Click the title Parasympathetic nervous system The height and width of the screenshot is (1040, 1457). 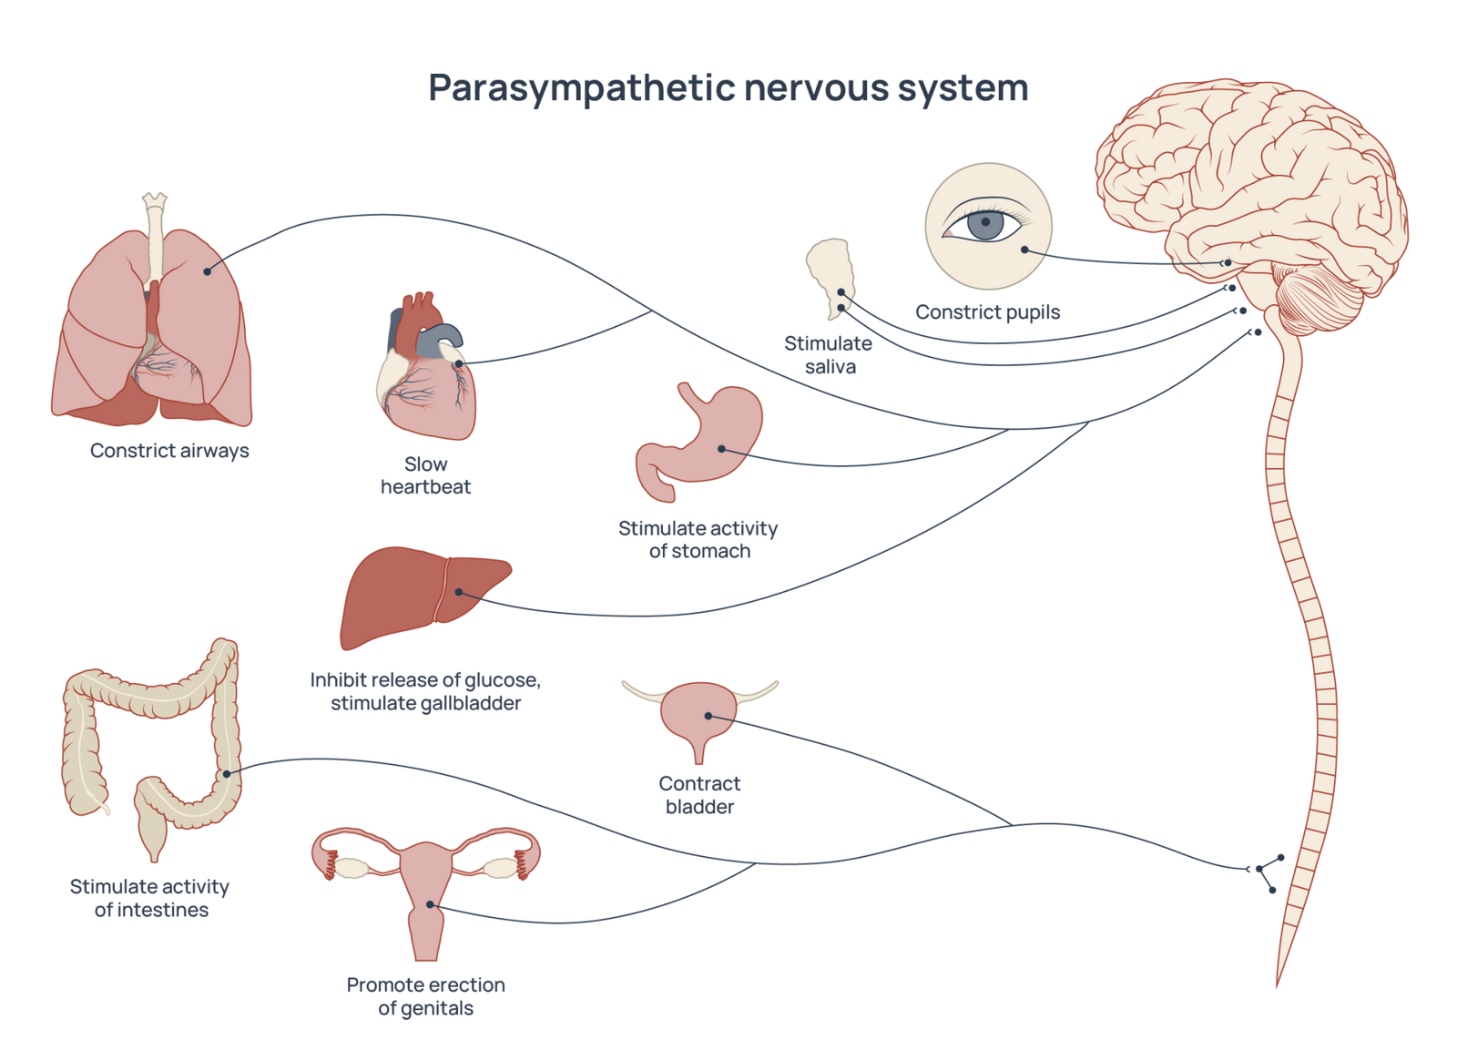(728, 88)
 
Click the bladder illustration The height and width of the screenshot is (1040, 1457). (699, 719)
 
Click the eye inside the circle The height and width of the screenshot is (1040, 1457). (987, 224)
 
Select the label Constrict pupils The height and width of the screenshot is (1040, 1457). (987, 313)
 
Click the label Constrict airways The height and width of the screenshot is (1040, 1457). (169, 451)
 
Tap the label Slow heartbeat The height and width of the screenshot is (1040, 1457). (426, 474)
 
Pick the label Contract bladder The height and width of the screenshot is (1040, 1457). (699, 795)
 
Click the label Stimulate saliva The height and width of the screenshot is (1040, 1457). (830, 355)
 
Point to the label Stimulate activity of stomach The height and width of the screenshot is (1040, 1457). (698, 539)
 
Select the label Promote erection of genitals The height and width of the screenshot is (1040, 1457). (425, 996)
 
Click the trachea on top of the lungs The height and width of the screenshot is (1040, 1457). (154, 237)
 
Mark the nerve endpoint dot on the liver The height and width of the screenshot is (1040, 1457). (460, 592)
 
